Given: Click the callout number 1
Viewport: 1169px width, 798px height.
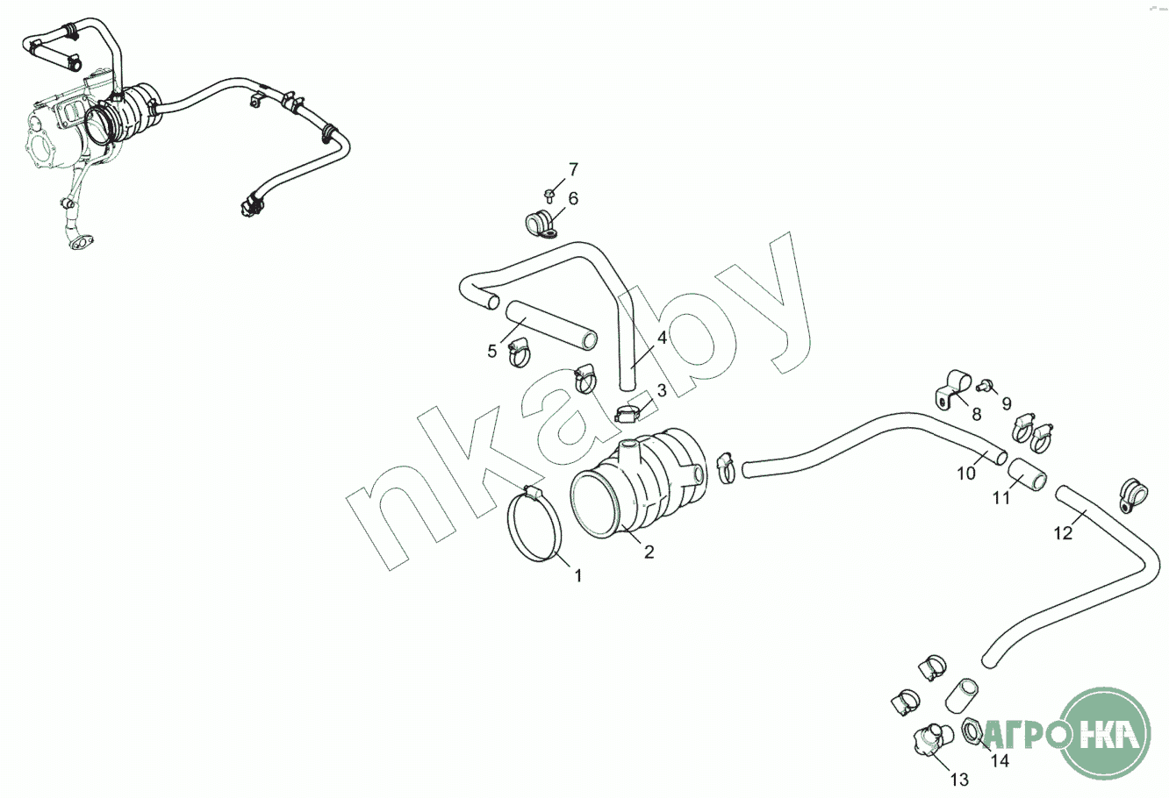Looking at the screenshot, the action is click(578, 575).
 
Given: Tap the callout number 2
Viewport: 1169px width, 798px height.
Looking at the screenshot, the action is click(649, 552).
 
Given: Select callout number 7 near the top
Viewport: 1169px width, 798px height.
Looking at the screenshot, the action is click(573, 168).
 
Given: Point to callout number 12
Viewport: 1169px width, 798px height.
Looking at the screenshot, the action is click(1063, 533).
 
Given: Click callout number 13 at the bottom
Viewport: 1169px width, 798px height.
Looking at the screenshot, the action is click(958, 779).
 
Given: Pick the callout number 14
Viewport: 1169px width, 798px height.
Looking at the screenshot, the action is click(1000, 761).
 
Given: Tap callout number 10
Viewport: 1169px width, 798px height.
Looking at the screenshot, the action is click(965, 474).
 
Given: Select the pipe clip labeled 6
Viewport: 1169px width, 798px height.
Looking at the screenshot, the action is click(542, 224).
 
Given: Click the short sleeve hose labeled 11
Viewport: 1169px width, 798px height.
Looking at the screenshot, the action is click(1027, 478).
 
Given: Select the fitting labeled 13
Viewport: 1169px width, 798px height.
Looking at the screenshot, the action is click(928, 739).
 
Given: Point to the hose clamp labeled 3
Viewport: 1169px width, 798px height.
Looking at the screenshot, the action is click(630, 410).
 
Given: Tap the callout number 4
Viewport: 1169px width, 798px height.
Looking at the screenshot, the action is click(661, 338).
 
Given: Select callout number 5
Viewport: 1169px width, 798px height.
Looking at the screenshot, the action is click(492, 352).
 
